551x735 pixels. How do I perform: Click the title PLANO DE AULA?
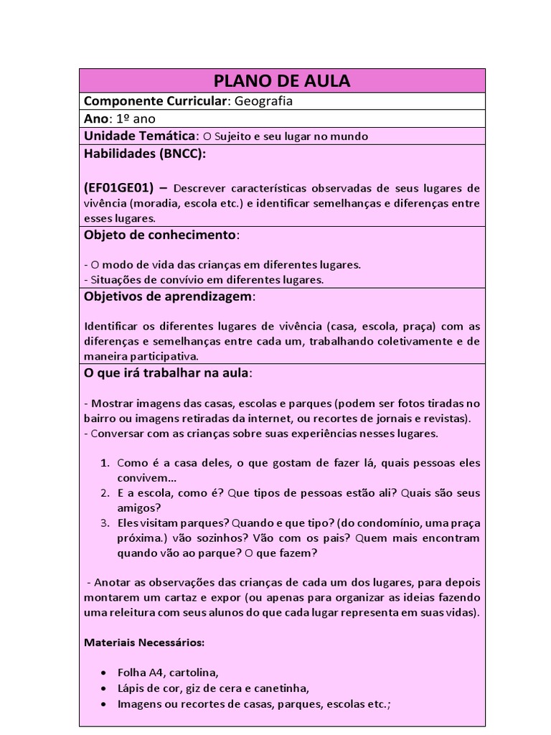pos(281,81)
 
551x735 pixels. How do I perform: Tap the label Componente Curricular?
pos(156,101)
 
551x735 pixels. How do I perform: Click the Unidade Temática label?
pos(139,136)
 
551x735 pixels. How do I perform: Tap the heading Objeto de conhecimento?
pos(160,235)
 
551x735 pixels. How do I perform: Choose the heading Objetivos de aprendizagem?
pos(169,296)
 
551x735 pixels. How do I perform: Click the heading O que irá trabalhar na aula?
pos(166,373)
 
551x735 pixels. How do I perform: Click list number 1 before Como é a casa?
pos(105,463)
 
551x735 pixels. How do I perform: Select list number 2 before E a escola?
pos(105,494)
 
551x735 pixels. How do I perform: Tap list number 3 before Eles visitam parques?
pos(105,523)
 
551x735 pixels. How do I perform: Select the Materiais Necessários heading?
pos(144,641)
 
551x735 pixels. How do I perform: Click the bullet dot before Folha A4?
pos(105,673)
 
